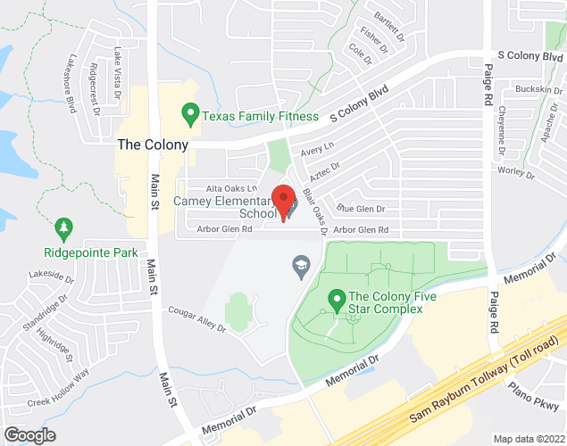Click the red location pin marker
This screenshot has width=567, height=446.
click(284, 202)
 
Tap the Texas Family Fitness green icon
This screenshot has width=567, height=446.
click(189, 115)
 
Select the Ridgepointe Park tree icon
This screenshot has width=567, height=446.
click(63, 230)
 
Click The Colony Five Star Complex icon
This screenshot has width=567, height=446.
click(337, 300)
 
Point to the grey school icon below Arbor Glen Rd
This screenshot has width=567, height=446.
click(302, 265)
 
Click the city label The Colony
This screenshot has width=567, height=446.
click(153, 144)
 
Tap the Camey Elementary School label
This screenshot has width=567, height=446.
click(226, 208)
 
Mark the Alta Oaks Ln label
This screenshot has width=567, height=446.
click(231, 189)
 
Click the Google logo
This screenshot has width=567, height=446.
click(29, 434)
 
